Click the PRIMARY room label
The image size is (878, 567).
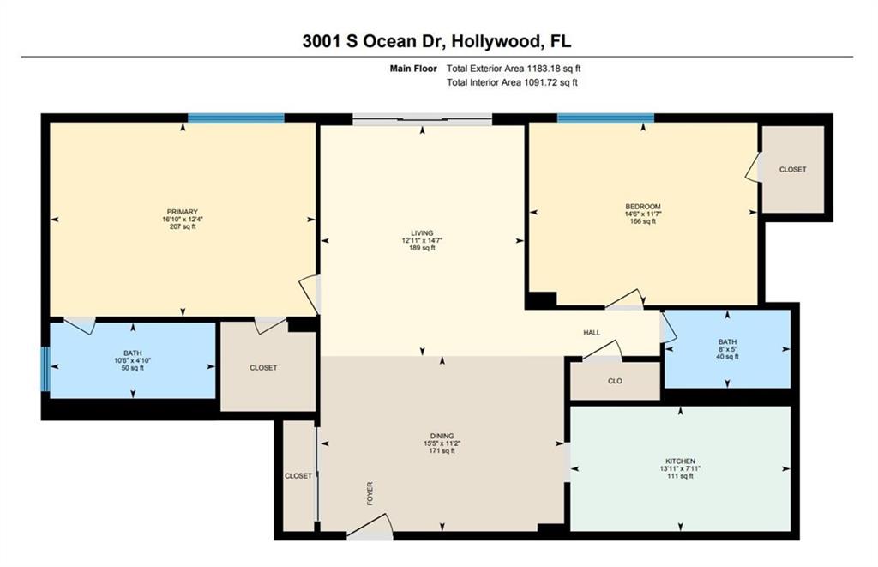183,212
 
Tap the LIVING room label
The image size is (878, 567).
422,233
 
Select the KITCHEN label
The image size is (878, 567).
680,461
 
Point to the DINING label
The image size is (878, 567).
442,436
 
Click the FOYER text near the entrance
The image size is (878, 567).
370,493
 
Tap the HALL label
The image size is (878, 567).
592,333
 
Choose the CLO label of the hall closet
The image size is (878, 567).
615,381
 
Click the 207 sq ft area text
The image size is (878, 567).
183,227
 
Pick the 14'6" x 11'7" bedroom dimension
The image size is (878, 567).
643,214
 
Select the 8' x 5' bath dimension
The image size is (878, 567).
727,348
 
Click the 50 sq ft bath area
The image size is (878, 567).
133,368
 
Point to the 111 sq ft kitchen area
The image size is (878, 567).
680,476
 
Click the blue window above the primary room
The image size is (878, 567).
236,118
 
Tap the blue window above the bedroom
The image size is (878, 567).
605,118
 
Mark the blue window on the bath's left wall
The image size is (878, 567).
46,369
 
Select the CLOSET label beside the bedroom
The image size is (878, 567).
793,169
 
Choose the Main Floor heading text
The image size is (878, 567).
413,69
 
